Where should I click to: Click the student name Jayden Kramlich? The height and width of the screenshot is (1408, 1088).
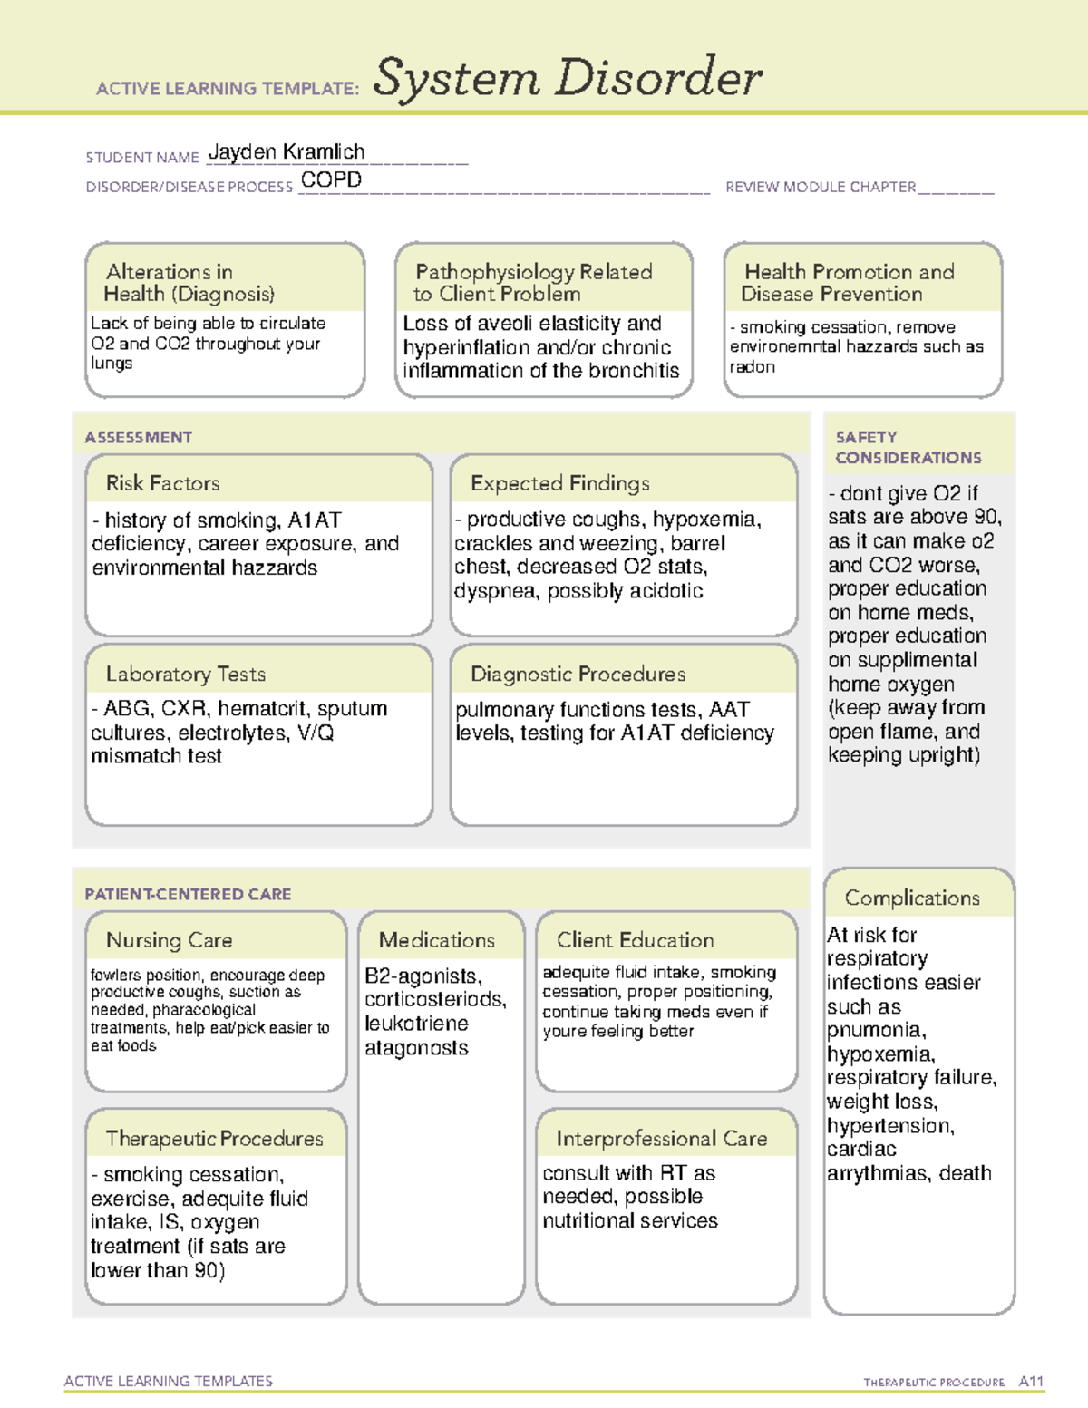(x=286, y=152)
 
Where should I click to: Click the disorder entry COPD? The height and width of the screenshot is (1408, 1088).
(x=331, y=180)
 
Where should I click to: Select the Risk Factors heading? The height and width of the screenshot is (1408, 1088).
(x=162, y=483)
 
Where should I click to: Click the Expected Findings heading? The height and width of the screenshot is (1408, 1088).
(x=559, y=483)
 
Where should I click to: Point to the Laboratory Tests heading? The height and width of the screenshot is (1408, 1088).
(x=185, y=674)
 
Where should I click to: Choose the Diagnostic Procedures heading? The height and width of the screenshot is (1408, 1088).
(x=578, y=674)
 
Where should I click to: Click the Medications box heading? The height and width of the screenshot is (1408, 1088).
(x=436, y=940)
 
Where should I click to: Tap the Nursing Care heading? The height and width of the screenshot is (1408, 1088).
(x=169, y=940)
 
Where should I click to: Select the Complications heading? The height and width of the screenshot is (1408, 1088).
(x=912, y=898)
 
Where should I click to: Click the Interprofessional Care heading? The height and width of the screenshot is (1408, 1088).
(x=661, y=1138)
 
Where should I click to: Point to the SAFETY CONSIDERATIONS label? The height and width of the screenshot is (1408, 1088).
(x=908, y=447)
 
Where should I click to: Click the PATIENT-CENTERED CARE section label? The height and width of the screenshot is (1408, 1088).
(x=188, y=894)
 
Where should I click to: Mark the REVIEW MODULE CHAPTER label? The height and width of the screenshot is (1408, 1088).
(x=821, y=187)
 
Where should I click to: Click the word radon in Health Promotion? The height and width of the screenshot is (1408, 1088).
(x=753, y=367)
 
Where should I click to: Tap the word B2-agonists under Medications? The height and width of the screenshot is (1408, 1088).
(x=423, y=976)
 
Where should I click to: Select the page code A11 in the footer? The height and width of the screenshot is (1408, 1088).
(x=1031, y=1381)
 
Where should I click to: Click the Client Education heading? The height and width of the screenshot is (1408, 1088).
(x=635, y=940)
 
